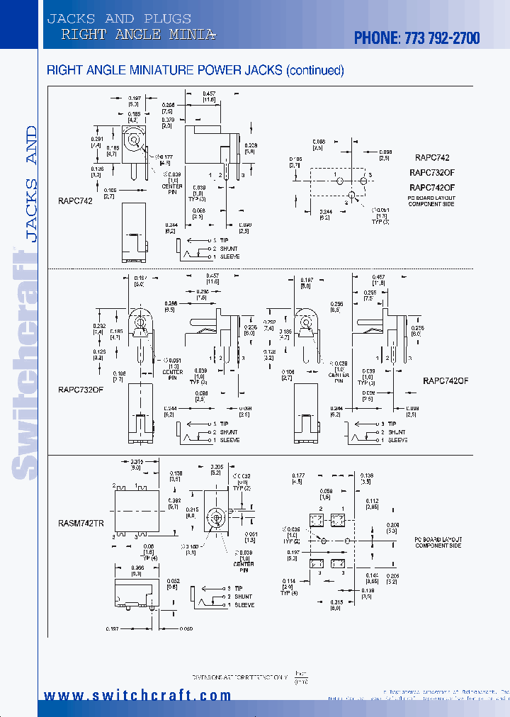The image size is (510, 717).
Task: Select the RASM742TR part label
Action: pyautogui.click(x=80, y=523)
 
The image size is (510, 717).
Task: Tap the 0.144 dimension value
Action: pyautogui.click(x=373, y=575)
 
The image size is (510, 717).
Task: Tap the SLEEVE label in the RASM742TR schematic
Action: pyautogui.click(x=244, y=605)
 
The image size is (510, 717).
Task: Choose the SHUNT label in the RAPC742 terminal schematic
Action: pyautogui.click(x=229, y=249)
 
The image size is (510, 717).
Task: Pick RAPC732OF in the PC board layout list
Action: pyautogui.click(x=431, y=172)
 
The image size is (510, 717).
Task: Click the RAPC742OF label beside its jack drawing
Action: pyautogui.click(x=446, y=380)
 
